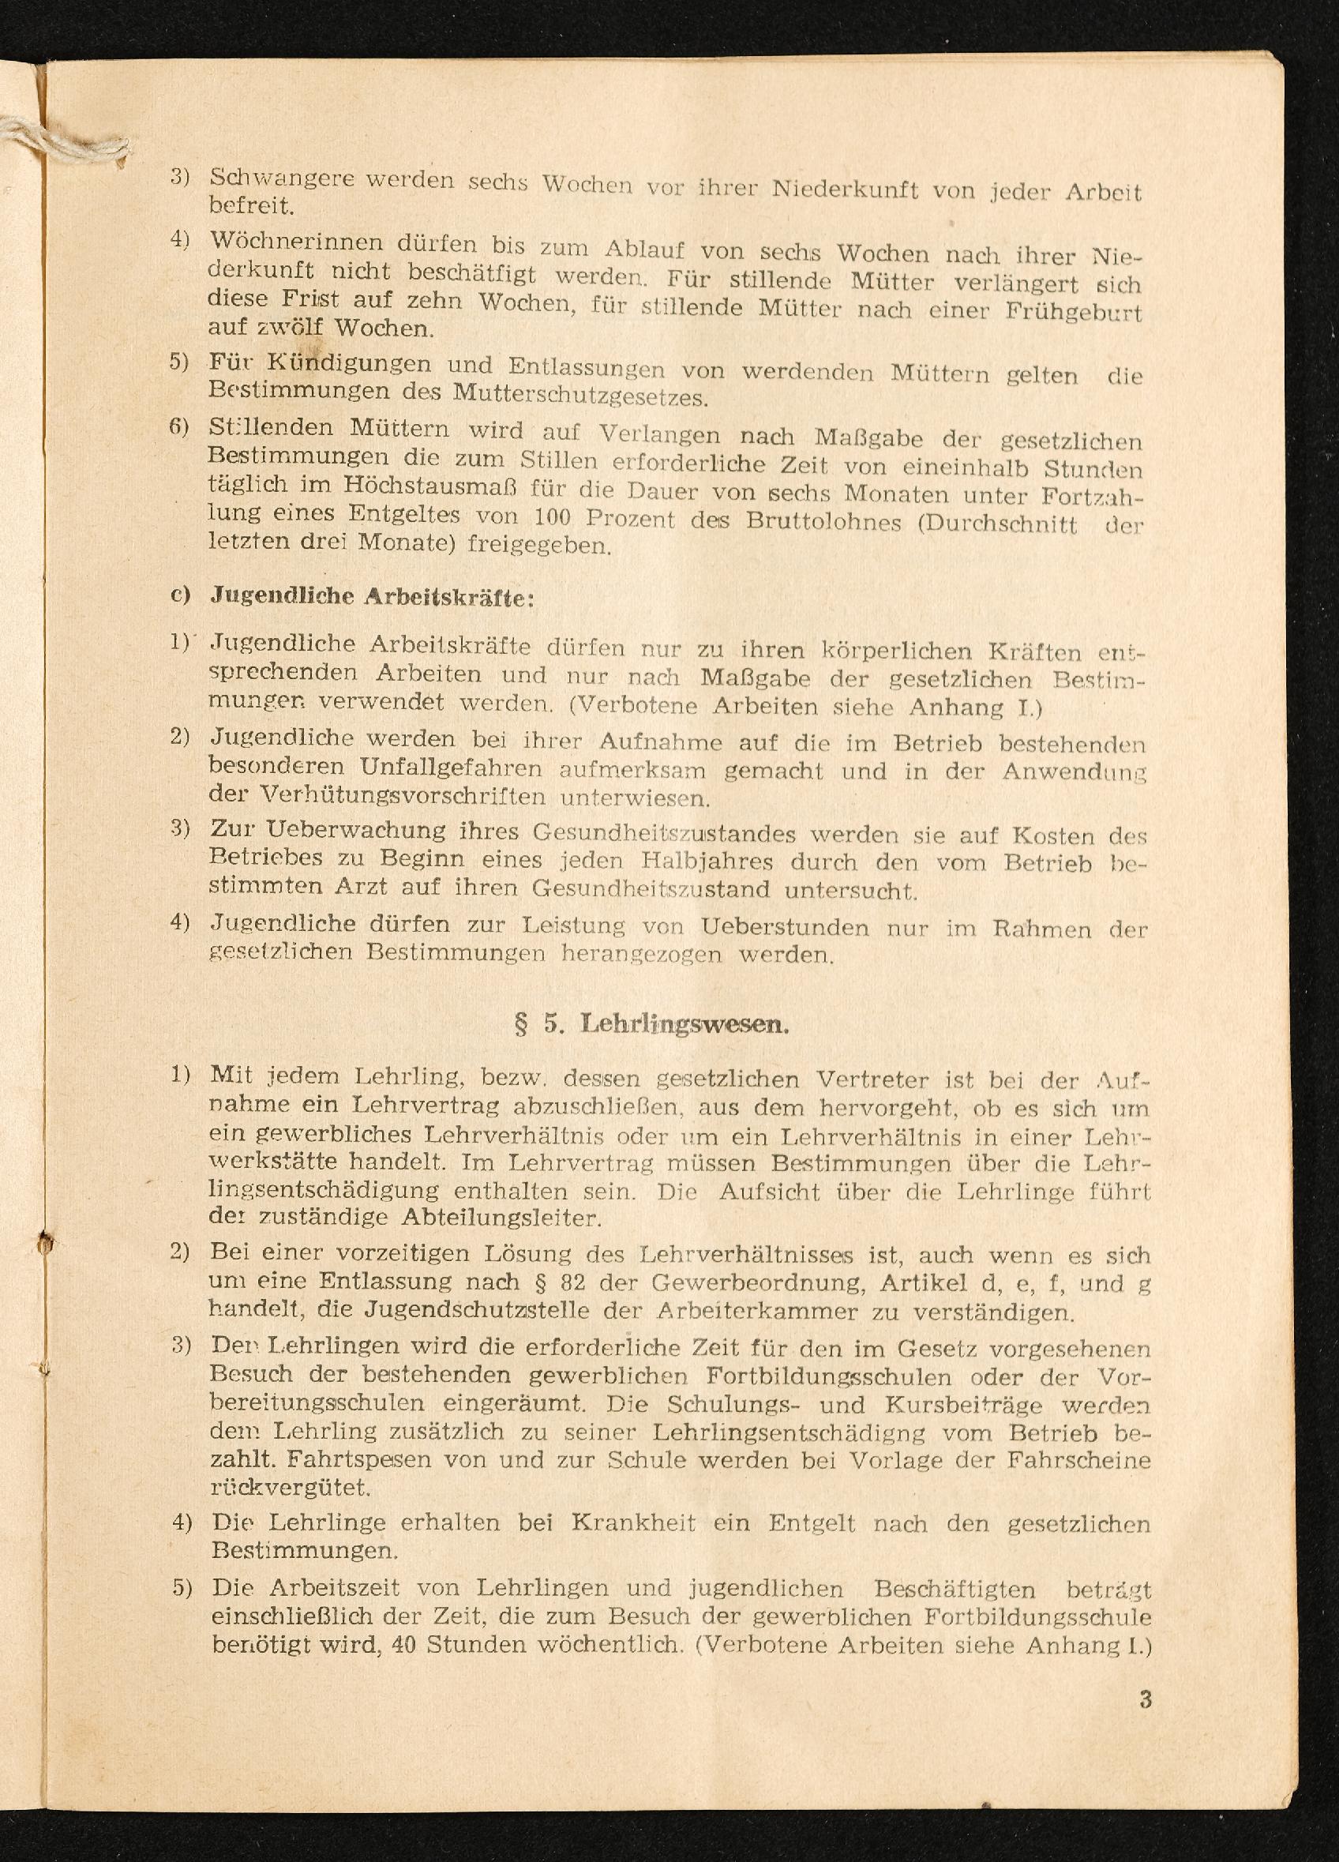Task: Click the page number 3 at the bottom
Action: click(x=1146, y=1698)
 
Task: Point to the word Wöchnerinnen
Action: click(x=296, y=242)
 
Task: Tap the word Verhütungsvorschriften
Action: click(x=403, y=796)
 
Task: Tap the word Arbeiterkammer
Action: click(x=734, y=1311)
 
